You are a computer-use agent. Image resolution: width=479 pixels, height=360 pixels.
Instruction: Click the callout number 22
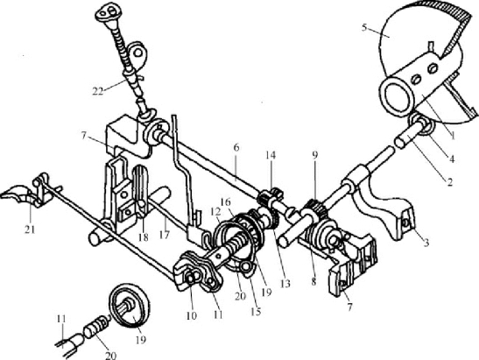pyautogui.click(x=98, y=91)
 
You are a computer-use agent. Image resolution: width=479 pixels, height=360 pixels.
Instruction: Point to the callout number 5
pyautogui.click(x=364, y=28)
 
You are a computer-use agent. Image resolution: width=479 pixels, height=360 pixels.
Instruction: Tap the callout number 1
pyautogui.click(x=453, y=136)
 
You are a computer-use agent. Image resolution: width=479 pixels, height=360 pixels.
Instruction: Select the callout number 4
pyautogui.click(x=451, y=159)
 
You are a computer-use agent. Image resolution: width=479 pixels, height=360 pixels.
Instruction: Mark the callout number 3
pyautogui.click(x=426, y=243)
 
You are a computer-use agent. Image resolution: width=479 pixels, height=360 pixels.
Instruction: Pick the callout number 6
pyautogui.click(x=236, y=148)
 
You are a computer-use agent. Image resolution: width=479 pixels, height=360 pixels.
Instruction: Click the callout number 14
pyautogui.click(x=271, y=155)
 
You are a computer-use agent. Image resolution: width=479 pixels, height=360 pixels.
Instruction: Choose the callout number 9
pyautogui.click(x=315, y=155)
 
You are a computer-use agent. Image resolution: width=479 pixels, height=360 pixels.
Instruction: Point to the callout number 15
pyautogui.click(x=256, y=312)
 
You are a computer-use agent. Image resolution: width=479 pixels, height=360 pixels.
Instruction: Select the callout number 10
pyautogui.click(x=191, y=315)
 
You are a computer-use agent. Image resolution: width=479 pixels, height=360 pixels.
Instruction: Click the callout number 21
pyautogui.click(x=30, y=229)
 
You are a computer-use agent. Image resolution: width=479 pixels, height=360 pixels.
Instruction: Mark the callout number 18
pyautogui.click(x=143, y=236)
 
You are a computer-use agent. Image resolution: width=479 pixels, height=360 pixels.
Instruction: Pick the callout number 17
pyautogui.click(x=164, y=235)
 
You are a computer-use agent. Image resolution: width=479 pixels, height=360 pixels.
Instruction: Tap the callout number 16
pyautogui.click(x=226, y=202)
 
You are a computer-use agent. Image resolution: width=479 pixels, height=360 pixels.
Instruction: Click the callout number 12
pyautogui.click(x=215, y=211)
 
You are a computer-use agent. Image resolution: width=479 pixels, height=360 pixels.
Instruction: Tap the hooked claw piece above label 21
pyautogui.click(x=16, y=194)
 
